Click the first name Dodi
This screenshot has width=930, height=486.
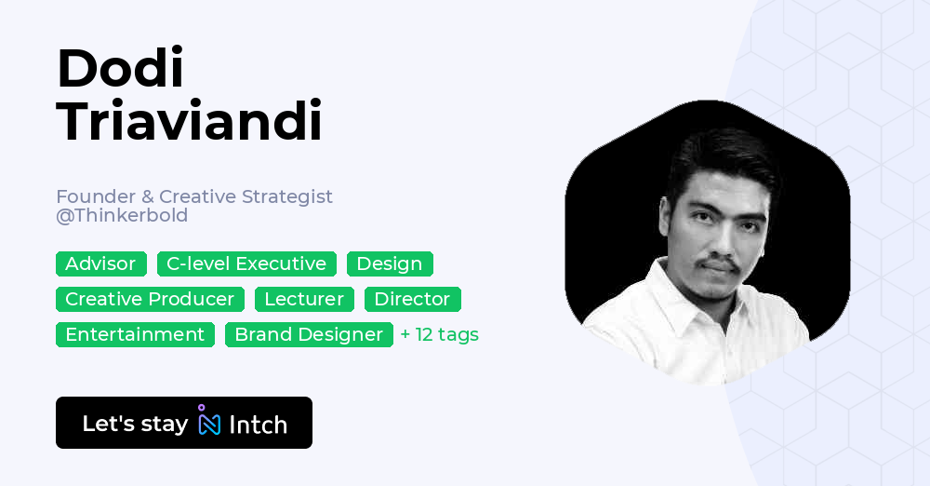click(120, 70)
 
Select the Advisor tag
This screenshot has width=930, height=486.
click(100, 264)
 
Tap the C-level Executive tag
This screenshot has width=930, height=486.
click(246, 264)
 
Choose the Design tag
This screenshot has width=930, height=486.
click(390, 264)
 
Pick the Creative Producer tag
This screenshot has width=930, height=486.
click(150, 300)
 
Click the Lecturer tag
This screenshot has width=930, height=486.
click(304, 300)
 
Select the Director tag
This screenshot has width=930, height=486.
click(412, 300)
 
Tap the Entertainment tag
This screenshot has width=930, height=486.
click(135, 335)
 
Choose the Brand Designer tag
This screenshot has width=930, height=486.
click(309, 335)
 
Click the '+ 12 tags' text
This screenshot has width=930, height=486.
click(439, 335)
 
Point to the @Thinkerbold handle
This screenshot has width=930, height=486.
click(122, 216)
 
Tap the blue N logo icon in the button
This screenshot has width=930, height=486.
click(209, 423)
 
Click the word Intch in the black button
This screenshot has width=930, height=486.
click(258, 425)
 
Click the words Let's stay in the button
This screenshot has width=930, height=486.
click(135, 425)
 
